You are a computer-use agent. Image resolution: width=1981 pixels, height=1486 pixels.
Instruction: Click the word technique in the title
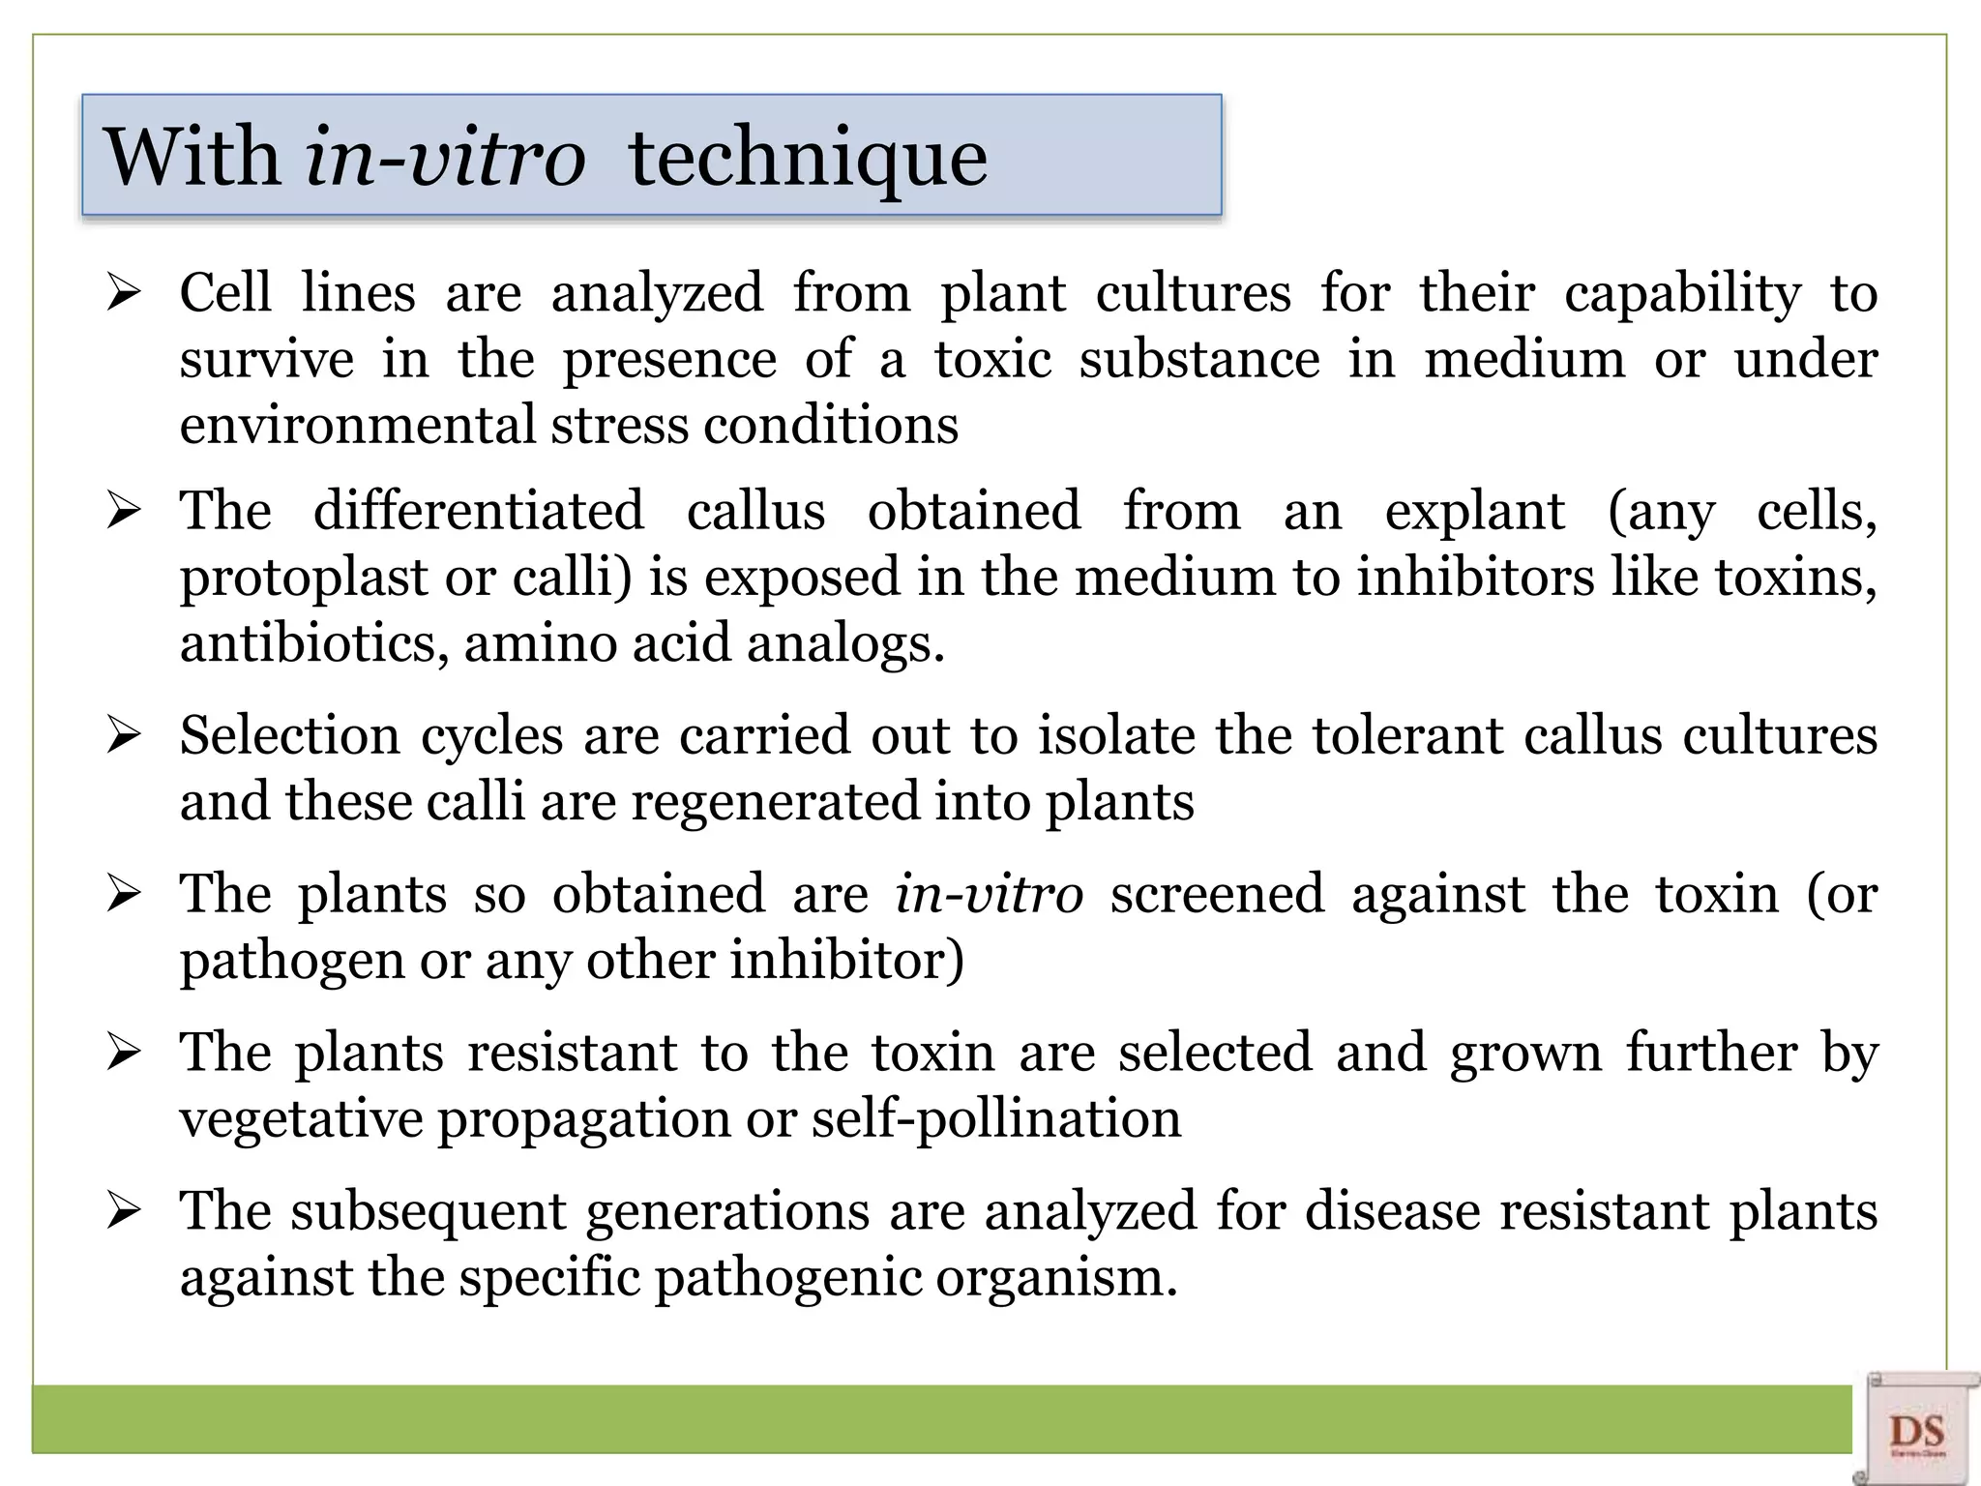[x=808, y=158]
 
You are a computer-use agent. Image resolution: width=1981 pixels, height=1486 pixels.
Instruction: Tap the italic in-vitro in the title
[x=445, y=158]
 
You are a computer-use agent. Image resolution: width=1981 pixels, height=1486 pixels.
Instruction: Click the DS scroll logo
[x=1916, y=1430]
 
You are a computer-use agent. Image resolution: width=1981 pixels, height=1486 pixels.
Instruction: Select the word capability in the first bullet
[x=1682, y=293]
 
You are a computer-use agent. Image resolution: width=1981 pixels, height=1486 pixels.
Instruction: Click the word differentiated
[x=478, y=511]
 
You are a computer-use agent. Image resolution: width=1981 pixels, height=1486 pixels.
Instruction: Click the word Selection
[x=288, y=735]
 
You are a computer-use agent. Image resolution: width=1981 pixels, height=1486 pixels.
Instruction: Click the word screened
[x=1217, y=893]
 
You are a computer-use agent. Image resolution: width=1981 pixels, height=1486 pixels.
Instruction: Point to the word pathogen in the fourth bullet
[x=292, y=961]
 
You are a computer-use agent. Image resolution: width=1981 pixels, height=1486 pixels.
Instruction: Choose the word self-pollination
[x=995, y=1119]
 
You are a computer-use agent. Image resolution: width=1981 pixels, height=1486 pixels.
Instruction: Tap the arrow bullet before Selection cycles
[x=125, y=734]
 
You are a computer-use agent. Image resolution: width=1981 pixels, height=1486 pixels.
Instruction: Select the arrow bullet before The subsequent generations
[x=125, y=1209]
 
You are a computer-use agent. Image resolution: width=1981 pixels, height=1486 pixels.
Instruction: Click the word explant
[x=1474, y=511]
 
